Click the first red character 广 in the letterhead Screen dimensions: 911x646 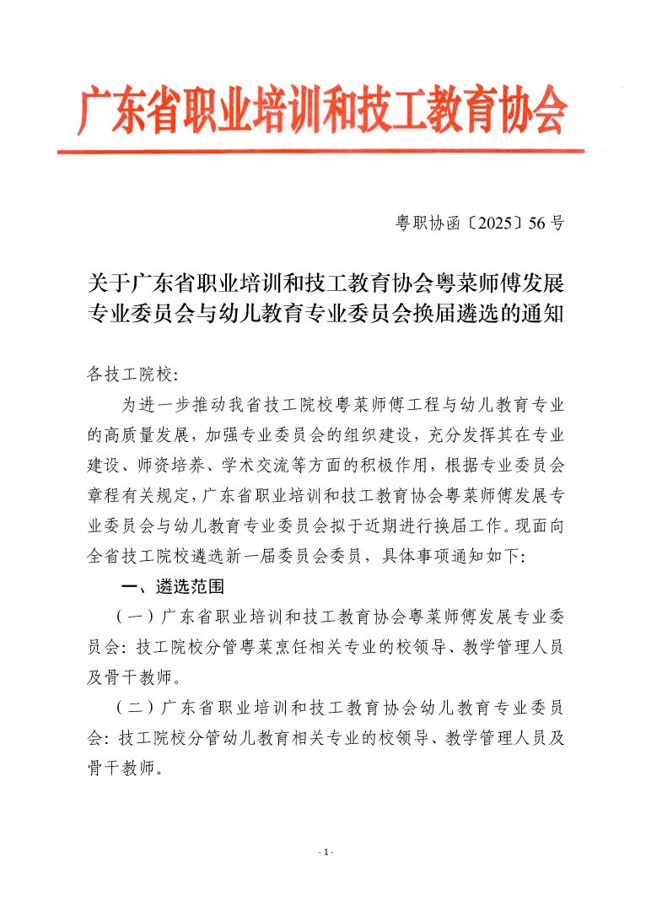click(x=95, y=111)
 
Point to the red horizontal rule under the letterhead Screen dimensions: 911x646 click(x=320, y=151)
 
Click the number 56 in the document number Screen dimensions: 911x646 click(x=536, y=224)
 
